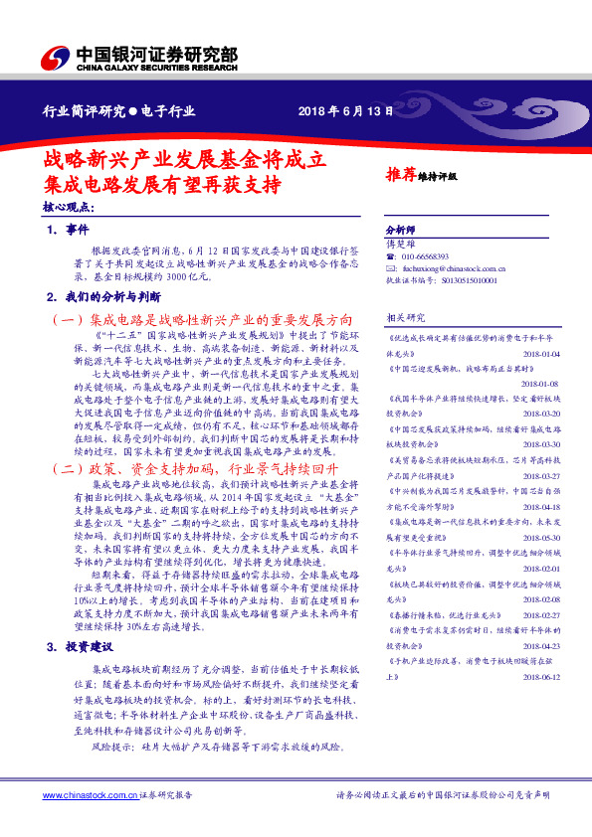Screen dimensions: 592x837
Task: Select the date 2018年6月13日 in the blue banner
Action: (x=340, y=111)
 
